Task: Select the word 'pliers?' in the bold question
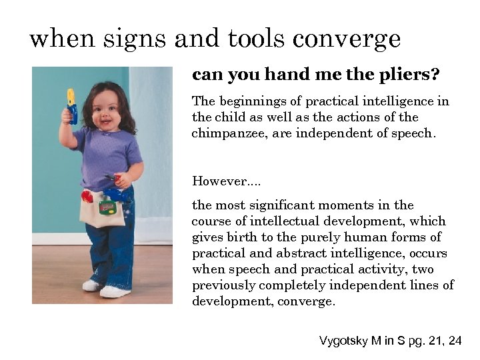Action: [413, 75]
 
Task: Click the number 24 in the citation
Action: [455, 341]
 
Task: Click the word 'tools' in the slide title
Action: [261, 39]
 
